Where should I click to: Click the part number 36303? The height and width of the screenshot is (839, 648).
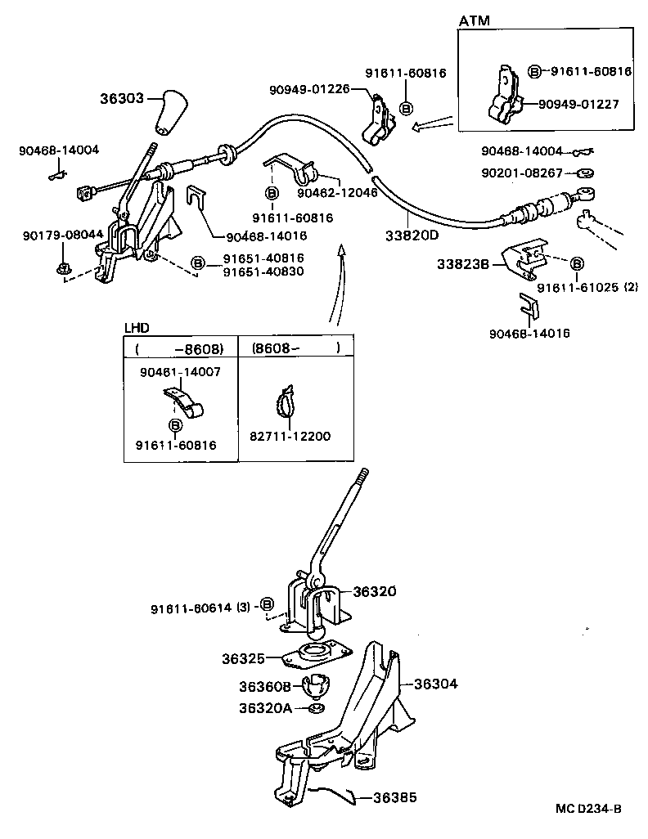click(122, 98)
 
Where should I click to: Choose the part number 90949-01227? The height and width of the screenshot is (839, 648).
click(578, 104)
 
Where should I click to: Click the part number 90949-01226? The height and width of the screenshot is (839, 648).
click(308, 89)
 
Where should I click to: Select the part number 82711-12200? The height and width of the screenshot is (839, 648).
click(290, 437)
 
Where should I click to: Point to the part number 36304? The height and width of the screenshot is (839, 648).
click(435, 684)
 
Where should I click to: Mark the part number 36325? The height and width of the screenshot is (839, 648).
click(244, 657)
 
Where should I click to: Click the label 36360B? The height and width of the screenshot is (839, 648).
click(263, 687)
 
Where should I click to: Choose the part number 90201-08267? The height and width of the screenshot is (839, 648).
click(522, 173)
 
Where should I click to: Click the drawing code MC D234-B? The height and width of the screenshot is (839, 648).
click(588, 809)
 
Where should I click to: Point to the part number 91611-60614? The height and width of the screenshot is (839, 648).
click(191, 608)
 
